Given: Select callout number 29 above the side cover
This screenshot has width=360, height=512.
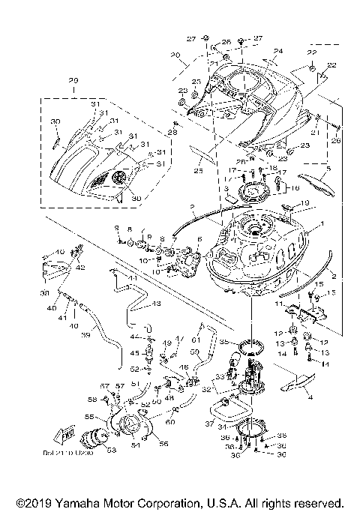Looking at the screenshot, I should pos(73,80).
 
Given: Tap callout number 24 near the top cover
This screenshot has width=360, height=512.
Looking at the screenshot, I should pos(278,52).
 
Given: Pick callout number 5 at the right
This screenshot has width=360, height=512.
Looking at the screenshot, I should pos(328,170).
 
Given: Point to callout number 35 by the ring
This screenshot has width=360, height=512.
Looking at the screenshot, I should pos(223,341).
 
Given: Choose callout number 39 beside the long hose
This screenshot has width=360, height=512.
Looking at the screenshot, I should pos(84,334).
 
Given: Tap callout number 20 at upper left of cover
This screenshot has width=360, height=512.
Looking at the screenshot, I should pos(175,55).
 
